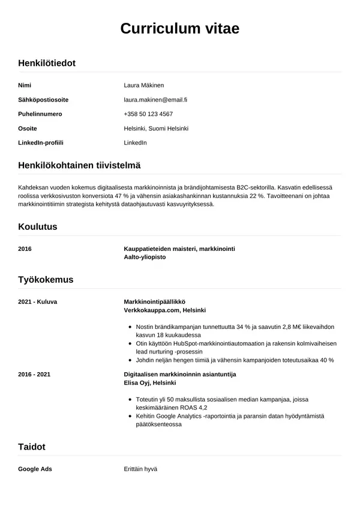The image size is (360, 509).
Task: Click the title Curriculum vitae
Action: (179, 28)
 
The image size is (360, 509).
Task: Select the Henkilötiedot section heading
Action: (47, 63)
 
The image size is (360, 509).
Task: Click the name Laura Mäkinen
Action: (144, 85)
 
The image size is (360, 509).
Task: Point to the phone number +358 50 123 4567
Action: (148, 114)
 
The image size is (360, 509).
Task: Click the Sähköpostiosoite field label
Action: (43, 100)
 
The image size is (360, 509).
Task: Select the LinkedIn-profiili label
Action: (41, 143)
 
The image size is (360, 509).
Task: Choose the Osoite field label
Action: (28, 128)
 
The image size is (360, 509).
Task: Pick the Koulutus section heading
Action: (38, 227)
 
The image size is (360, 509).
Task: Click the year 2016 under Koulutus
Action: (25, 248)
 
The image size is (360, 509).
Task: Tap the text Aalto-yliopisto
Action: (145, 257)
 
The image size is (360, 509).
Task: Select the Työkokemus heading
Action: (46, 280)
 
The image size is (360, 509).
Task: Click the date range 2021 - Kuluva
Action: (38, 301)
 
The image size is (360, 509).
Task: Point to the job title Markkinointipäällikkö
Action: (154, 301)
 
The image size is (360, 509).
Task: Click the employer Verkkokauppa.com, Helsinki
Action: (164, 310)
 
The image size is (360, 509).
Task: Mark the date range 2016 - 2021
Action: (34, 374)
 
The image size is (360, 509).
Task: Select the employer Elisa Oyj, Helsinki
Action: (149, 383)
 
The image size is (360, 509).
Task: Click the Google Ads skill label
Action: (35, 468)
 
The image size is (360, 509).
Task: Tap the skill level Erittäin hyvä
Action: (140, 468)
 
